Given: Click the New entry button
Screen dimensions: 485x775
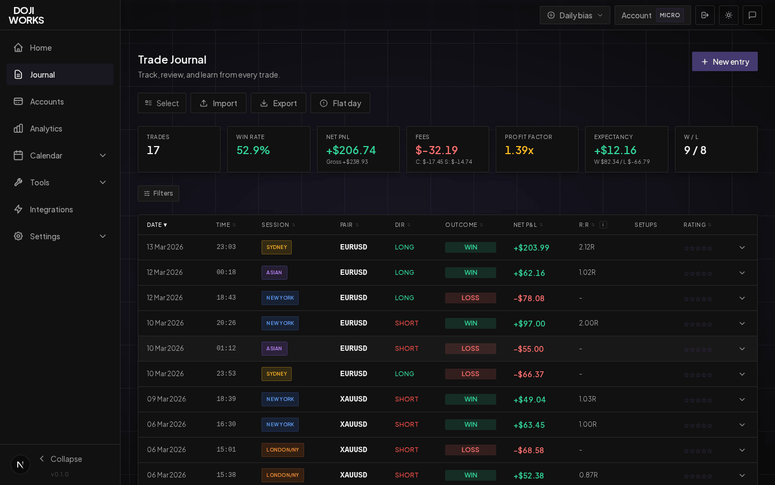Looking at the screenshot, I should click(x=724, y=61).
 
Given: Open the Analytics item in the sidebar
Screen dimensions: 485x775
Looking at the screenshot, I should click(x=46, y=128).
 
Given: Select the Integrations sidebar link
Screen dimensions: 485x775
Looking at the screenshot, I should click(x=51, y=209).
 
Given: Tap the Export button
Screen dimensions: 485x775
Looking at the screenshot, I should click(x=278, y=103).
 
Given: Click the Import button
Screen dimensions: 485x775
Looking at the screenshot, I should click(x=218, y=103).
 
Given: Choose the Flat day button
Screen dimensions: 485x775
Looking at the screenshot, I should click(x=340, y=103).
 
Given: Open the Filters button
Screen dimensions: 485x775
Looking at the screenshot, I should click(x=158, y=193).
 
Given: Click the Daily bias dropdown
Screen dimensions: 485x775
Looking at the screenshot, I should click(x=575, y=15).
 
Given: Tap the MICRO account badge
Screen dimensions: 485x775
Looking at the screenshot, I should click(x=670, y=15).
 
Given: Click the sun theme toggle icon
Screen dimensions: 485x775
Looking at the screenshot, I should click(x=729, y=15).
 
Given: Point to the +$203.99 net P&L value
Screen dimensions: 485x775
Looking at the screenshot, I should click(x=531, y=248).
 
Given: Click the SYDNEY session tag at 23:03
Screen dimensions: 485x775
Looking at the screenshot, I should click(x=277, y=247).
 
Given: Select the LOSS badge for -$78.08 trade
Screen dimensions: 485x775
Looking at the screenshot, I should click(x=470, y=298).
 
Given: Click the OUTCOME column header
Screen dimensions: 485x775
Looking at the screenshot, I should click(x=461, y=225).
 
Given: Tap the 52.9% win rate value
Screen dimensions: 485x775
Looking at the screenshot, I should click(x=253, y=150).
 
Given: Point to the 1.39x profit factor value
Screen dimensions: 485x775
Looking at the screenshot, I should click(x=519, y=150).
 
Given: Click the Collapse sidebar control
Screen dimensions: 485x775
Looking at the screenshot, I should click(x=60, y=459).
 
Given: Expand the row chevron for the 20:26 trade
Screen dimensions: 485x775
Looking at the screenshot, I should click(x=742, y=323).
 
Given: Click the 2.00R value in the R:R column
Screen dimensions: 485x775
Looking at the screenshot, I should click(x=589, y=323).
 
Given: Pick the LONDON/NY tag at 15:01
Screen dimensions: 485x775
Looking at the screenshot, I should click(x=283, y=450).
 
